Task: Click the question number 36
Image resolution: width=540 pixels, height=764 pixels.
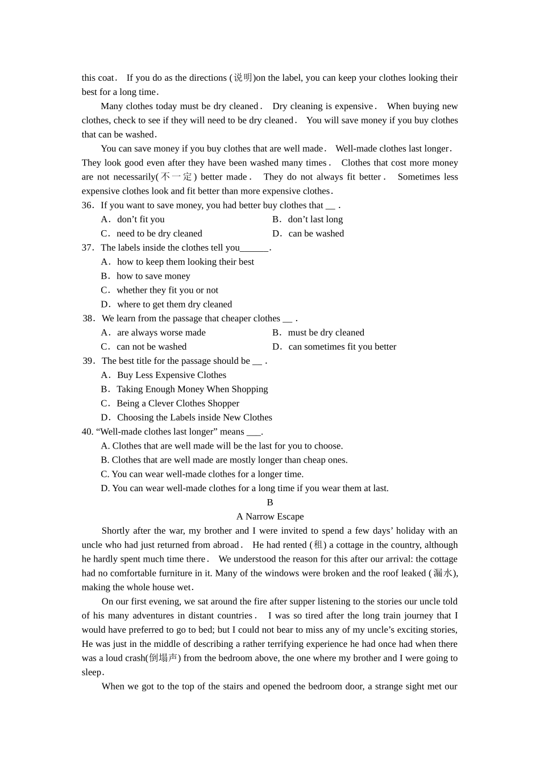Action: pyautogui.click(x=88, y=205)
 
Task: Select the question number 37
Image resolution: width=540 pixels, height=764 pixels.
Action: pyautogui.click(x=88, y=248)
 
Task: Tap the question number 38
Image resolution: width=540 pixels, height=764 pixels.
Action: pyautogui.click(x=89, y=318)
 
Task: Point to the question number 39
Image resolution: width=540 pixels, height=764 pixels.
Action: pyautogui.click(x=89, y=361)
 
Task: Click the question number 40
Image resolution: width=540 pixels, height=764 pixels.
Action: pyautogui.click(x=88, y=432)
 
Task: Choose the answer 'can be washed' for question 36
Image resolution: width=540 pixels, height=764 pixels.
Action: pyautogui.click(x=315, y=234)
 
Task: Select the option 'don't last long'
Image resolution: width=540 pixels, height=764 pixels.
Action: pyautogui.click(x=315, y=219)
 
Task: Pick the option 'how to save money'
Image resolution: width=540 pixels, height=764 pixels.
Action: pyautogui.click(x=153, y=276)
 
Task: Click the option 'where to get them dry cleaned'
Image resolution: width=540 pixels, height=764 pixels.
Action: pyautogui.click(x=174, y=305)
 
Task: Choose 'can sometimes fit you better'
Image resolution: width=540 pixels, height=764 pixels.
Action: pyautogui.click(x=342, y=347)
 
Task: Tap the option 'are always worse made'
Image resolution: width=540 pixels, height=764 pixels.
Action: pyautogui.click(x=161, y=333)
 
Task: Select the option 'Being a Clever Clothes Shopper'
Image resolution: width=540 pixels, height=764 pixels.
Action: pyautogui.click(x=177, y=404)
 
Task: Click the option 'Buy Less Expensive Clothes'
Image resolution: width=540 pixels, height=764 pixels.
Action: pyautogui.click(x=171, y=375)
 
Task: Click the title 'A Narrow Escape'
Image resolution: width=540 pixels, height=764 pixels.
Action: pyautogui.click(x=270, y=517)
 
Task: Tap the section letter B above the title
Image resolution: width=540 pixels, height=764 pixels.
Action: pyautogui.click(x=270, y=503)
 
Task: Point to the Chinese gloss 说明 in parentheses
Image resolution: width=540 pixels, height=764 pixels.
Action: pyautogui.click(x=243, y=78)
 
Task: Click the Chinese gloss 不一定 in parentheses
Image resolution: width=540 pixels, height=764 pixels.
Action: pyautogui.click(x=177, y=177)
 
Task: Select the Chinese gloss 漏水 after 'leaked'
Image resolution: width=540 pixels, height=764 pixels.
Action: pyautogui.click(x=443, y=573)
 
